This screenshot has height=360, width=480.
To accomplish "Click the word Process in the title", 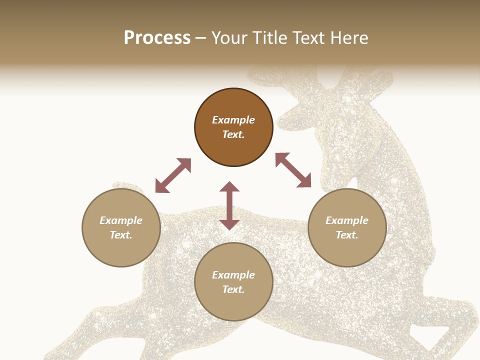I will pyautogui.click(x=157, y=38).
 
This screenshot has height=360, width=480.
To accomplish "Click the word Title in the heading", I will pyautogui.click(x=270, y=38).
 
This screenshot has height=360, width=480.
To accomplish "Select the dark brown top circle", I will pyautogui.click(x=233, y=127).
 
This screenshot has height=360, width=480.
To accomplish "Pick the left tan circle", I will pyautogui.click(x=121, y=228).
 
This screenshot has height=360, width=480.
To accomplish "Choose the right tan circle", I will pyautogui.click(x=347, y=228).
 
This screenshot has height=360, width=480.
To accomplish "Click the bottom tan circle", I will pyautogui.click(x=233, y=282).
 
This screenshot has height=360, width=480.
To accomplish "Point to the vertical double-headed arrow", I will pyautogui.click(x=229, y=205).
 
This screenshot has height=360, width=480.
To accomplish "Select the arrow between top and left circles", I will pyautogui.click(x=173, y=175).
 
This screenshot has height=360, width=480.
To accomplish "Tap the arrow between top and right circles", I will pyautogui.click(x=293, y=170).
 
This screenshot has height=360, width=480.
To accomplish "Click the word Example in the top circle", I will pyautogui.click(x=233, y=120).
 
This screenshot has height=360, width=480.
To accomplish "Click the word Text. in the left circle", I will pyautogui.click(x=121, y=235).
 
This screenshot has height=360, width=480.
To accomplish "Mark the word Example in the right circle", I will pyautogui.click(x=347, y=220).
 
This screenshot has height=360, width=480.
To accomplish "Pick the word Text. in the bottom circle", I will pyautogui.click(x=233, y=290).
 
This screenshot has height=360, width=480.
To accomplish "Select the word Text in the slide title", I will pyautogui.click(x=308, y=38).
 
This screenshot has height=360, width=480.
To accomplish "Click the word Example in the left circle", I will pyautogui.click(x=121, y=220).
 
